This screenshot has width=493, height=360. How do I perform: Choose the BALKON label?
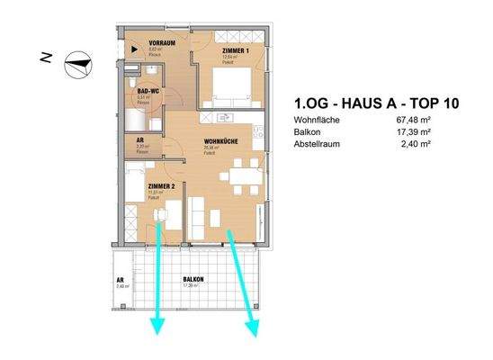point(193,280)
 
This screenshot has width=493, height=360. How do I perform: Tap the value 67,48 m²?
point(436,121)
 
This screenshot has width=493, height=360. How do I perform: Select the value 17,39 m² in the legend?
point(436,131)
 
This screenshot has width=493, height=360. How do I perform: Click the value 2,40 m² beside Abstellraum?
point(438,142)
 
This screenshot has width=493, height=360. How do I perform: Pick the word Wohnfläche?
point(317,121)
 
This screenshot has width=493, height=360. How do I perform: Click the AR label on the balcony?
point(120,280)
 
